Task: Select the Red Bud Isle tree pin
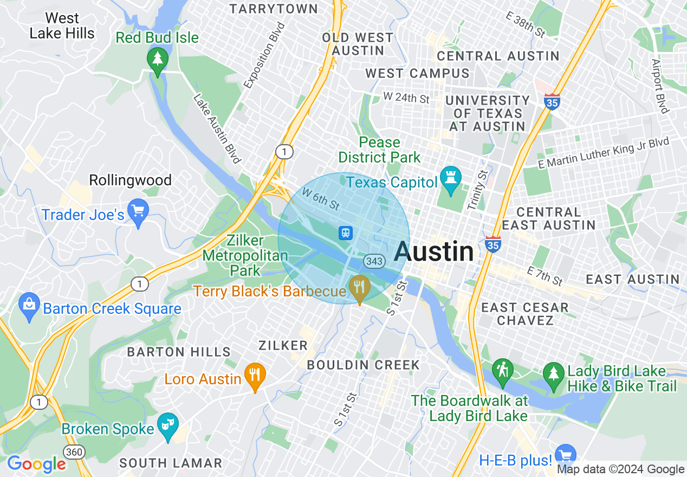[158, 60]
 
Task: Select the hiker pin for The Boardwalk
[502, 372]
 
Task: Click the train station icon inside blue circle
[346, 233]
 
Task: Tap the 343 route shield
[374, 261]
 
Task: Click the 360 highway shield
[73, 451]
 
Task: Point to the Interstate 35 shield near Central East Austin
[493, 244]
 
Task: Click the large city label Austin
[434, 252]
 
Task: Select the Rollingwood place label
[130, 180]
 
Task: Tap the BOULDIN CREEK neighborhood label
[363, 365]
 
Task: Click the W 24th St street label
[406, 98]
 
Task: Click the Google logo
[36, 464]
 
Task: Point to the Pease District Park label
[379, 150]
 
